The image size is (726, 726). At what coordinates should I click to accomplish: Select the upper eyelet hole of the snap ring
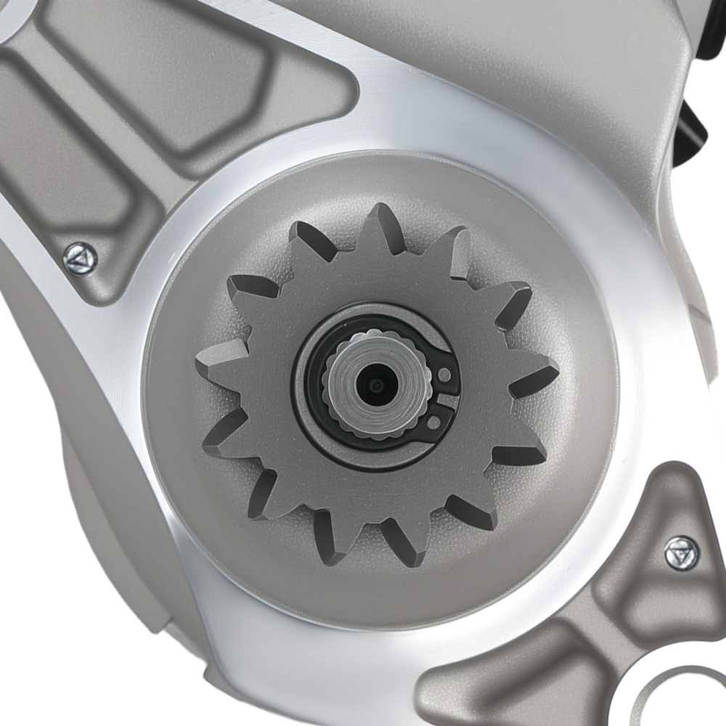point(445,374)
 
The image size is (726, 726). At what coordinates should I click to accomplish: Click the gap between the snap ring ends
point(449,399)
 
